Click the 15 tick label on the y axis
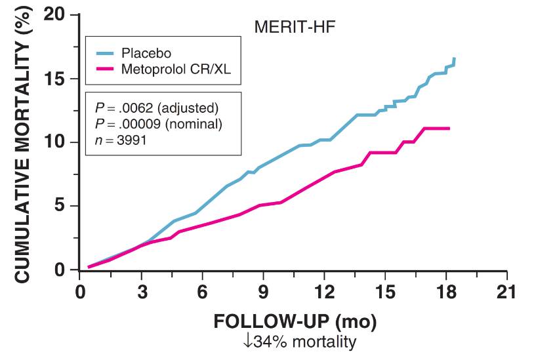click(58, 79)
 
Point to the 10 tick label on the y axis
click(58, 142)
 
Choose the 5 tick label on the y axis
click(64, 206)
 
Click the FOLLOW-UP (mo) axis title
click(295, 323)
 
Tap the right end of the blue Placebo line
click(454, 59)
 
